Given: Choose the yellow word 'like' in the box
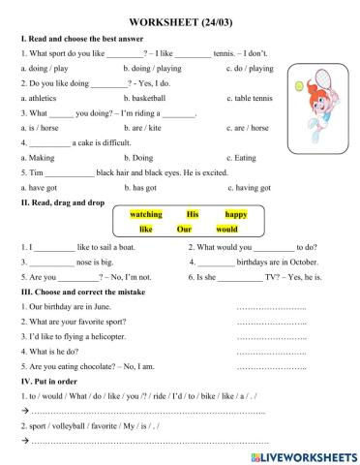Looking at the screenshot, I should click(146, 230).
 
